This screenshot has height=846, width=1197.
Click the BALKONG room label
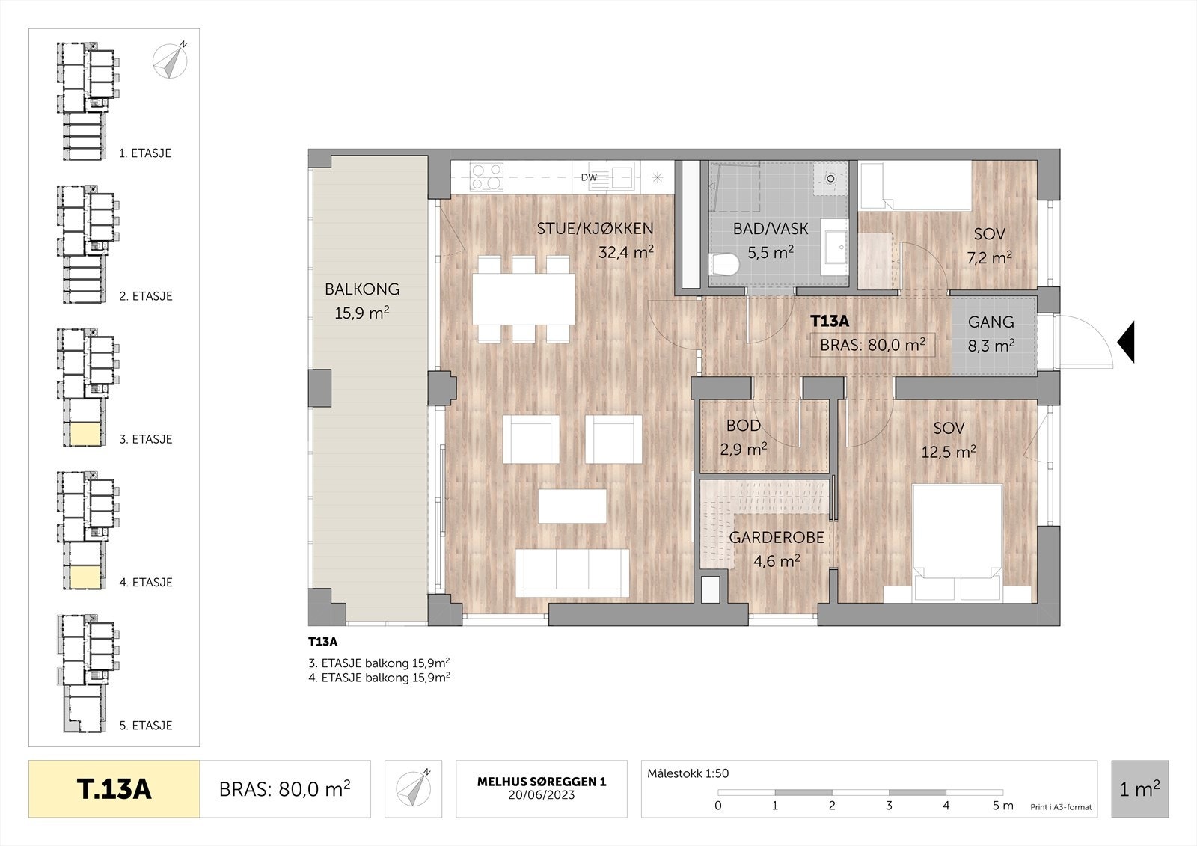pos(362,289)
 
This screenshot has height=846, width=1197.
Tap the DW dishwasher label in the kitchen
pos(589,177)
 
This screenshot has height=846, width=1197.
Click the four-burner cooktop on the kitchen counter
pos(487,177)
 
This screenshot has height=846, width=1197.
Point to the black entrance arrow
pos(1126,342)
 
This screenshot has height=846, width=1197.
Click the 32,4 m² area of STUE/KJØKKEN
pos(625,252)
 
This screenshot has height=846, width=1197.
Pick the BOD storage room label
pos(744,426)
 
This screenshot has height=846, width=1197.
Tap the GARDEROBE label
pos(777,538)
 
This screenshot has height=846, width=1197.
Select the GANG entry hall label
pos(991,322)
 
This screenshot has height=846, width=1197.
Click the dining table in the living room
pos(524,299)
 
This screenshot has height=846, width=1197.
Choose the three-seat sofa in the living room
pos(572,574)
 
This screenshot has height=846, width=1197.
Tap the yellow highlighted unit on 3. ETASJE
pos(85,435)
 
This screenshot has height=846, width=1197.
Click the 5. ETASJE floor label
pos(146,726)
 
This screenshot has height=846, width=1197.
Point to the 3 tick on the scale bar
pos(890,806)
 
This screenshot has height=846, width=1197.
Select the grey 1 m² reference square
pos(1140,789)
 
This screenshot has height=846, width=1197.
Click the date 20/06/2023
pos(542,795)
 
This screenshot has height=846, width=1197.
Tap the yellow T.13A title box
pos(114,789)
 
